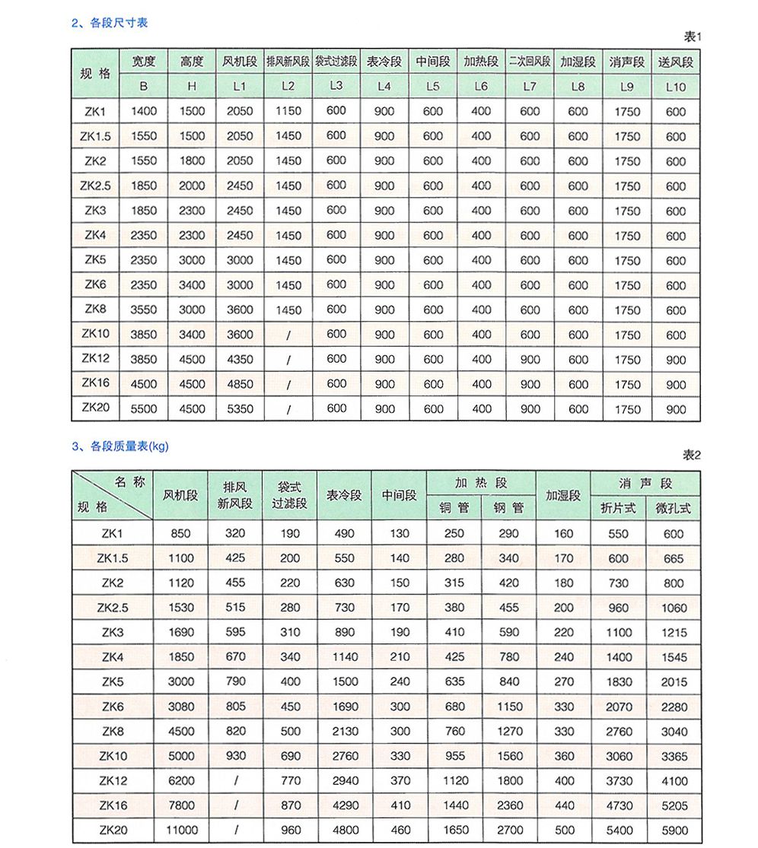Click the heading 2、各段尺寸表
pos(110,23)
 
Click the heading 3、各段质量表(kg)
pos(120,446)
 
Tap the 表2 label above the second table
pos(690,456)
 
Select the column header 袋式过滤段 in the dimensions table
pos(336,62)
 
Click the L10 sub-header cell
pos(675,87)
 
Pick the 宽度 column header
pos(144,62)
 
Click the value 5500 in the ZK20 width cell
pos(144,408)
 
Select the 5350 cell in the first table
pos(240,408)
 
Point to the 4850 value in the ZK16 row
pos(240,384)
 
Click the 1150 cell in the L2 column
pos(288,111)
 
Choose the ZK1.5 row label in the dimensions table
pos(95,136)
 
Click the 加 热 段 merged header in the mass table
pos(481,483)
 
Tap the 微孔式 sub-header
pos(673,508)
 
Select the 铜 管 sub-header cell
pos(454,508)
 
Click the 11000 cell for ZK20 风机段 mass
pos(181,830)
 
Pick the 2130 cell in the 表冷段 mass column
pos(345,732)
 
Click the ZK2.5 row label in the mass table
pos(113,608)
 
